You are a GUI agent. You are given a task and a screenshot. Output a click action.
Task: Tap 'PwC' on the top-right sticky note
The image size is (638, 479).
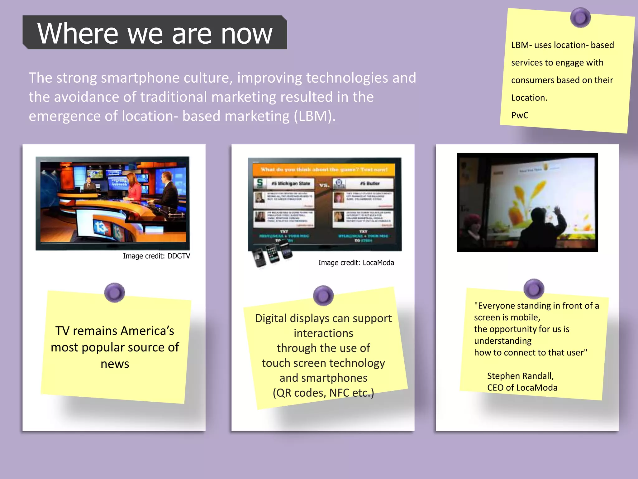(520, 115)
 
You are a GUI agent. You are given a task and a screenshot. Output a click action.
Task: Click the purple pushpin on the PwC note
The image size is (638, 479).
(580, 18)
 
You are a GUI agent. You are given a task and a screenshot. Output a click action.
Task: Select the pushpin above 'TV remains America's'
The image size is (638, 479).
(114, 293)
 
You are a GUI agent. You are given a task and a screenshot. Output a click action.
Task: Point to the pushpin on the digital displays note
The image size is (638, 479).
(323, 295)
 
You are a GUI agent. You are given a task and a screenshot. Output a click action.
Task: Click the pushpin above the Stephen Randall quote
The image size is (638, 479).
(534, 288)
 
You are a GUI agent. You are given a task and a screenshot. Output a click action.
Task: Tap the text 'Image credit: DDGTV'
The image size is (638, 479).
(156, 256)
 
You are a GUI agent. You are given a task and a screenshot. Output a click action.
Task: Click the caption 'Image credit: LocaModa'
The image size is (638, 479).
(356, 263)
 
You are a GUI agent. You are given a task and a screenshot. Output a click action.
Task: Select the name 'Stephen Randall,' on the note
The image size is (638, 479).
(520, 376)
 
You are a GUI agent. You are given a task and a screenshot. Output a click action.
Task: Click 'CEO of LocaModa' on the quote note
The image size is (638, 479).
(522, 388)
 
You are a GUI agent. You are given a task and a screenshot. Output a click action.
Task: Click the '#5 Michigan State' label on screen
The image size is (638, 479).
(290, 183)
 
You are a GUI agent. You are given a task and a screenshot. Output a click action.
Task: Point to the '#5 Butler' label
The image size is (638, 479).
(369, 183)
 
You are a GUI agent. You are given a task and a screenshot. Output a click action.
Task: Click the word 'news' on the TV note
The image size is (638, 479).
(115, 364)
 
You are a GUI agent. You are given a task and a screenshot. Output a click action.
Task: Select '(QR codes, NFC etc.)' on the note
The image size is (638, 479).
(323, 393)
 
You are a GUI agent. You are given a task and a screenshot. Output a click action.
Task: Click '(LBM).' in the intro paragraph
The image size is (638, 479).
(315, 116)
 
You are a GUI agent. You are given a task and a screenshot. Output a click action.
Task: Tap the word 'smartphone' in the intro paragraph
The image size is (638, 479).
(140, 78)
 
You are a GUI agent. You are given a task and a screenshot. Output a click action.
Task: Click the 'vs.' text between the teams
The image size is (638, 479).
(324, 185)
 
